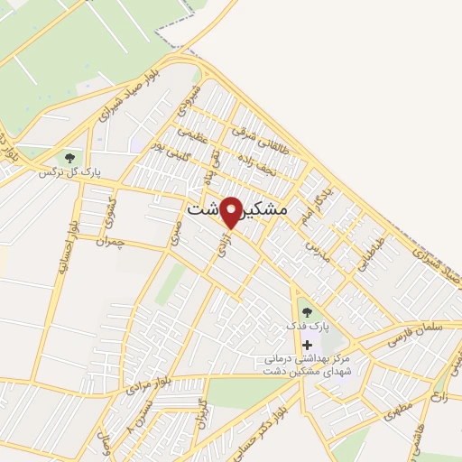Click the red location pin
click(x=232, y=212)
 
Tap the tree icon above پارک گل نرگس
click(x=70, y=159)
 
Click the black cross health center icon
click(x=309, y=345)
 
